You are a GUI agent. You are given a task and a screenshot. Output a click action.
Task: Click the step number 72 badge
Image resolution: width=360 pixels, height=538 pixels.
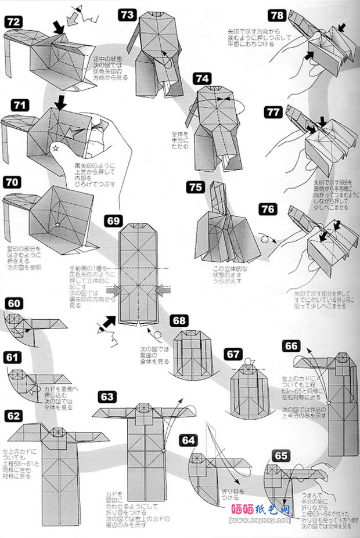[14, 21]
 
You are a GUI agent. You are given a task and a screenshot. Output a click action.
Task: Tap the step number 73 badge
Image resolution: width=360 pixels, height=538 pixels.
[128, 15]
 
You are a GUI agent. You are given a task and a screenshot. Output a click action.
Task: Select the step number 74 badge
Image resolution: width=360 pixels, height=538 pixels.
[201, 78]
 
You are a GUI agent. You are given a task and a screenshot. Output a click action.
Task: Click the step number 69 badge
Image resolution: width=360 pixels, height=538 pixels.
[114, 221]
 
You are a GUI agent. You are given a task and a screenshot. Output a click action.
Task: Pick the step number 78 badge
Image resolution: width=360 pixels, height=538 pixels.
[278, 15]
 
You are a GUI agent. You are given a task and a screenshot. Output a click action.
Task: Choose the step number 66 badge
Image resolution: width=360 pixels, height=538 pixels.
[291, 346]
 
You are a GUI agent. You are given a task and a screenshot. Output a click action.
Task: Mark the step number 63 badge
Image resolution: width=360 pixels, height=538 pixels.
[106, 396]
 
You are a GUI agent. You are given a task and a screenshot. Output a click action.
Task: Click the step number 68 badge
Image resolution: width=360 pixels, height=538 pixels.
[179, 320]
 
